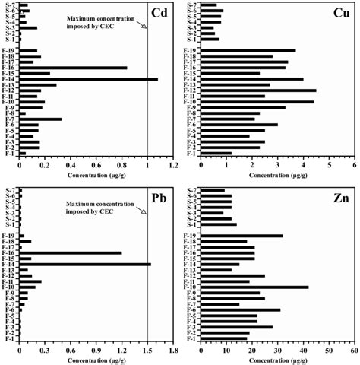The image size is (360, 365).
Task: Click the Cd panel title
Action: click(159, 13)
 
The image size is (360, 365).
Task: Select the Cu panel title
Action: click(339, 13)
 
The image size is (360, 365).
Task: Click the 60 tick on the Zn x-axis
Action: click(354, 351)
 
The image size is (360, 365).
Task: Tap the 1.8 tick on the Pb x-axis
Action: click(173, 351)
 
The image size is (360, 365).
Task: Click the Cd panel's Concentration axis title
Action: click(96, 174)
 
